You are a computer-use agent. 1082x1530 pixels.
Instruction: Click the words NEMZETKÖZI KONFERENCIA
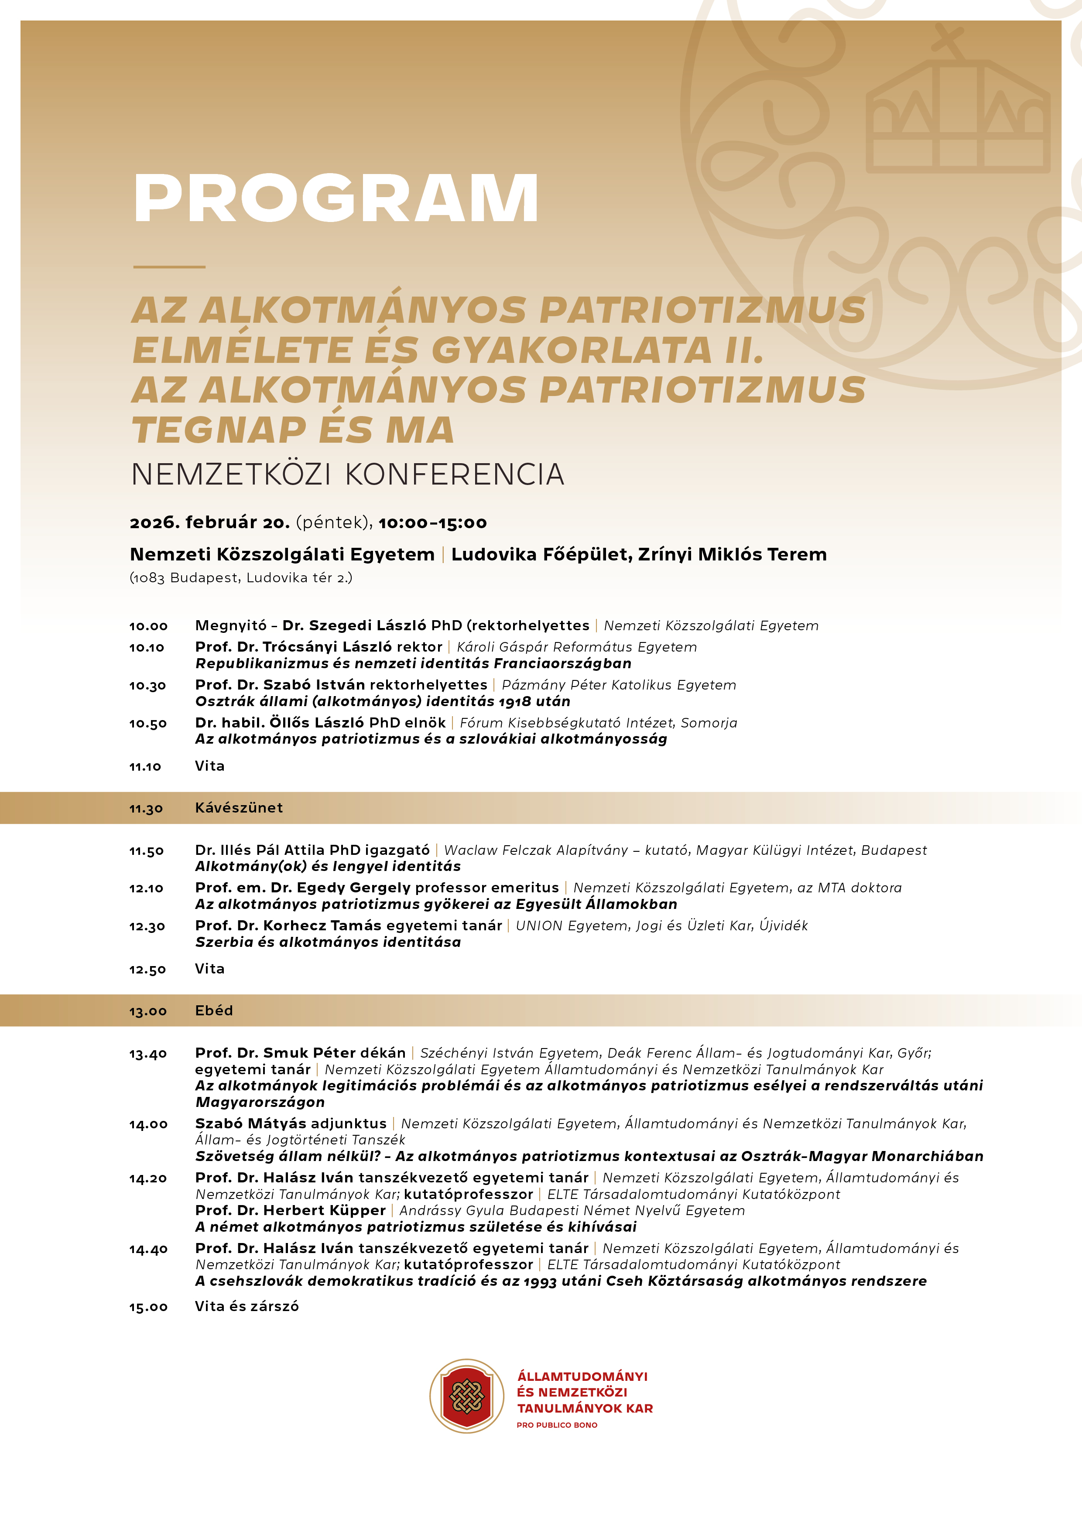tap(347, 475)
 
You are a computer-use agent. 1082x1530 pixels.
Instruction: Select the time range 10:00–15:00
tap(433, 523)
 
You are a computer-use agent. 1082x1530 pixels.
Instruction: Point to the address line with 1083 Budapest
tap(241, 578)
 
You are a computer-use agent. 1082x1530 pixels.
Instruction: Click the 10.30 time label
tap(147, 686)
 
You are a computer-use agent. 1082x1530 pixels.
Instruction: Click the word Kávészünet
tap(239, 808)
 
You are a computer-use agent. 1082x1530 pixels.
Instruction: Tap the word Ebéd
tap(214, 1010)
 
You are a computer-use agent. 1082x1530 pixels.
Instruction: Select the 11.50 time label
tap(147, 851)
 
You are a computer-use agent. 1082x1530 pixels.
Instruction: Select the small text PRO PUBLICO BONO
tap(557, 1425)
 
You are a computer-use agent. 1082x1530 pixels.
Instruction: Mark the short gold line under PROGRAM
tap(169, 266)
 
